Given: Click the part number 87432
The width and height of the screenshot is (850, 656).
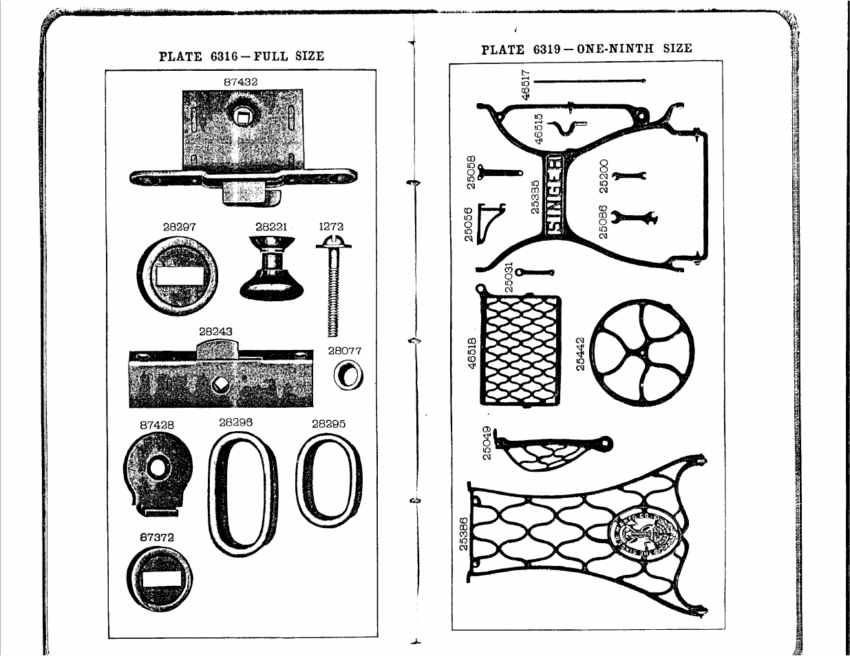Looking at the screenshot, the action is [x=241, y=82].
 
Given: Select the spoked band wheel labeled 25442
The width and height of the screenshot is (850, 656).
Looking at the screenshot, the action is [x=642, y=351].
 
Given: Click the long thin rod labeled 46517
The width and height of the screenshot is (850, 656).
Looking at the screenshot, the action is [x=589, y=81].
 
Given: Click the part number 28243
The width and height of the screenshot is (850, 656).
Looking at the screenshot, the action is [x=215, y=331].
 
